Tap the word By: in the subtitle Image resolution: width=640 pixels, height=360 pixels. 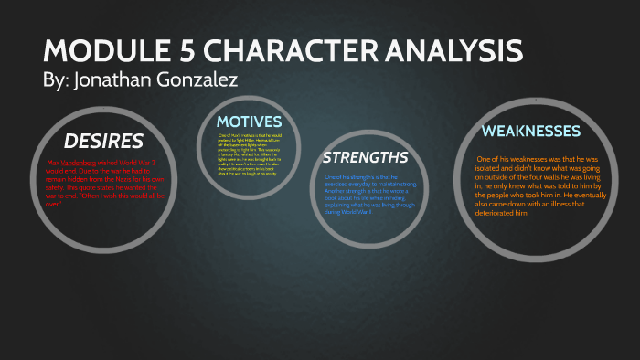point(58,79)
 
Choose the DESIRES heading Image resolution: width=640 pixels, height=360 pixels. point(103,141)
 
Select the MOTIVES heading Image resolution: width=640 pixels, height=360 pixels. point(249,122)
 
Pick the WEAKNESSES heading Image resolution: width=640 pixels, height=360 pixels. point(531,132)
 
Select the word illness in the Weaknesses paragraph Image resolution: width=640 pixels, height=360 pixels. point(553,205)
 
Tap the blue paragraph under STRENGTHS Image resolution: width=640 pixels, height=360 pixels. point(365,193)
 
